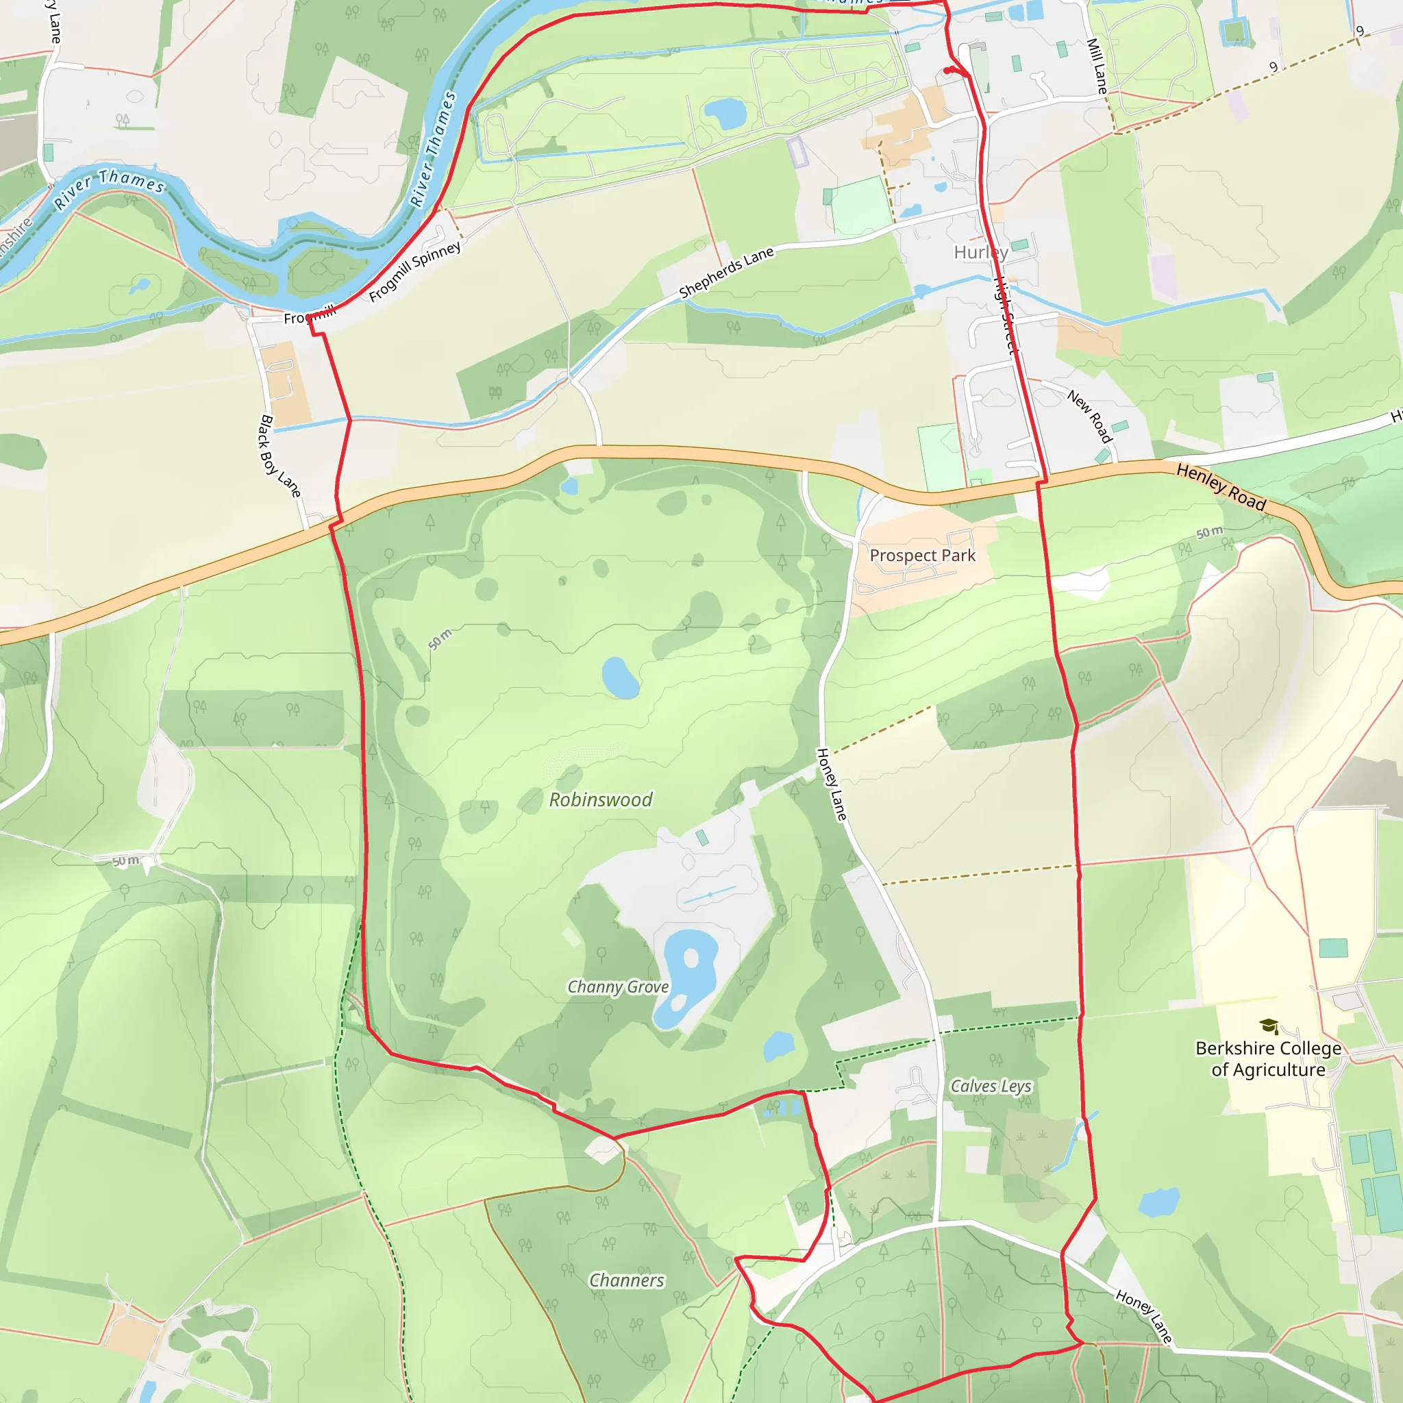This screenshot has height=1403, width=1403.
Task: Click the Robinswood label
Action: pos(601,799)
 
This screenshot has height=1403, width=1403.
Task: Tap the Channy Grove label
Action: pos(617,987)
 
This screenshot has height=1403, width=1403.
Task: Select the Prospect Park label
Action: pos(922,556)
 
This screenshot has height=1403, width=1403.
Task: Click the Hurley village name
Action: pos(980,252)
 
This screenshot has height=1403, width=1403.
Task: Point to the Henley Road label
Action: pos(1221,487)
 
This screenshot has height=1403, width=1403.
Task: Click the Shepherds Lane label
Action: pos(726,273)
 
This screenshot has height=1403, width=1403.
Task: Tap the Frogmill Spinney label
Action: pos(414,271)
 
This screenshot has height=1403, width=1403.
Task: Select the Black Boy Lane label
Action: pos(280,456)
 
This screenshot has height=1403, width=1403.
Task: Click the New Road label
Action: pos(1089,416)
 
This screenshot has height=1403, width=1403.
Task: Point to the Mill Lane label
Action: pos(1097,66)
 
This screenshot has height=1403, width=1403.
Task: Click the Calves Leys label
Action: pos(991,1087)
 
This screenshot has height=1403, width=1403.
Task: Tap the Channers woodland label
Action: pos(626,1280)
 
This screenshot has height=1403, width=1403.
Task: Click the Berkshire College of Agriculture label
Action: pos(1268,1059)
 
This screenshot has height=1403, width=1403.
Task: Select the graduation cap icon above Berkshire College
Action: pos(1269,1026)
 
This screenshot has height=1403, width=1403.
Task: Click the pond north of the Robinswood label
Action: pos(619,678)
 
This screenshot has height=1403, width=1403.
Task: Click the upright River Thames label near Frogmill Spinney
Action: pos(433,149)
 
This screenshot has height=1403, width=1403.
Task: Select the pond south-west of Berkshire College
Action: pos(1159,1202)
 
